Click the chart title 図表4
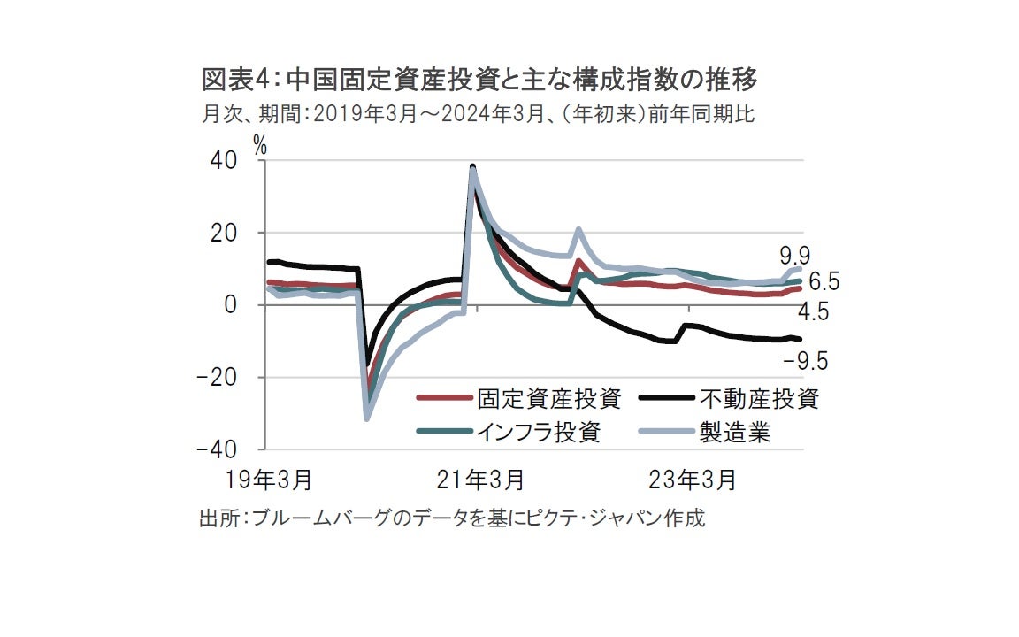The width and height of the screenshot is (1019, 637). pos(479,81)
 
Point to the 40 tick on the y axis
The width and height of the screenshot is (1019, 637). pos(223,161)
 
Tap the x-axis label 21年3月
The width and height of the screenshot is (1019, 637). pos(480,480)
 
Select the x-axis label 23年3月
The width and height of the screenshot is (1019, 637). pos(693,480)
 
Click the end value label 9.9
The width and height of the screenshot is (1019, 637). pos(795,256)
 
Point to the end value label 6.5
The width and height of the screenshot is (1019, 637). pos(823,283)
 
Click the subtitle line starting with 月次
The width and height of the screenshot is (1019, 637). pos(478,114)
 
